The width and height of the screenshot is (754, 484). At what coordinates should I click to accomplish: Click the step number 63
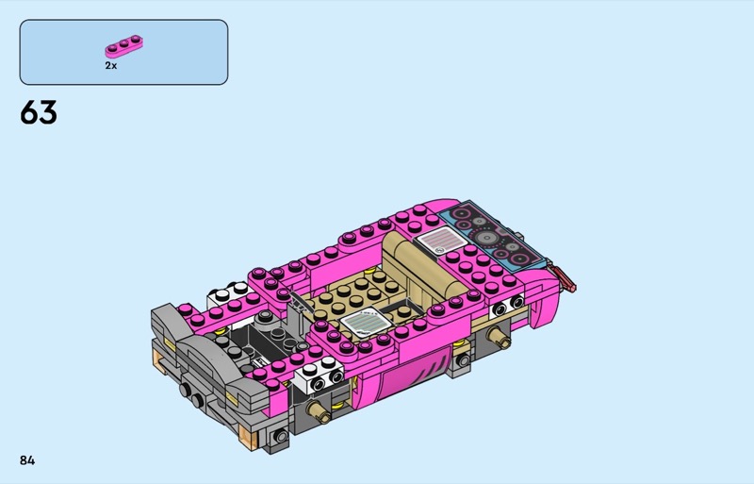[x=39, y=112]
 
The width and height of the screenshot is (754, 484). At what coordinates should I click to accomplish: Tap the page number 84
[x=27, y=460]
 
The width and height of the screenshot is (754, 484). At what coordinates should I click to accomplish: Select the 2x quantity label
[x=110, y=65]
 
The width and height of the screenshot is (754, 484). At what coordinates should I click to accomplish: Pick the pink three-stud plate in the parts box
[x=124, y=46]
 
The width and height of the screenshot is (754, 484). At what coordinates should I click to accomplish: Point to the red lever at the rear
[x=564, y=278]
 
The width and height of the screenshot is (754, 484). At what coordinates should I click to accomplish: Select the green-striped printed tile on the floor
[x=366, y=321]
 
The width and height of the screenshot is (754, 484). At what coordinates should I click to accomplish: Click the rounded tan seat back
[x=423, y=266]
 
